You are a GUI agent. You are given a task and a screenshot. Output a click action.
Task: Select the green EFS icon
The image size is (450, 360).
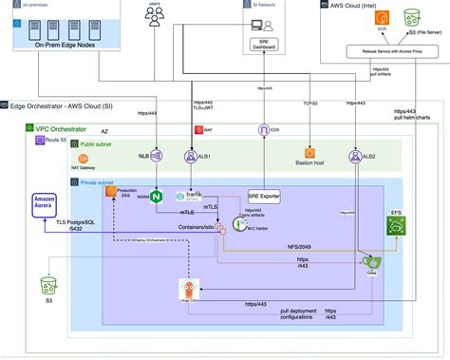396,225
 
